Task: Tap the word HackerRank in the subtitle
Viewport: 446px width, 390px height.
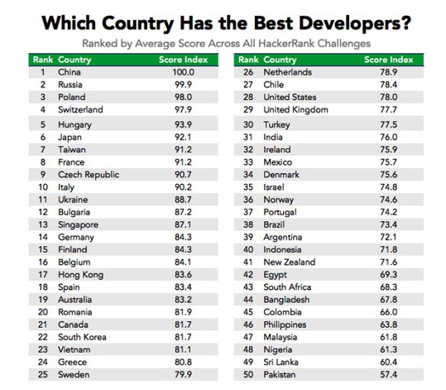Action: point(286,44)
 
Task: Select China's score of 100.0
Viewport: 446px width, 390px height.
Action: point(184,72)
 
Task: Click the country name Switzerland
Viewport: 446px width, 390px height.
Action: point(80,109)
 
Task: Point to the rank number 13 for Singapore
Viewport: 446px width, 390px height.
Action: point(43,224)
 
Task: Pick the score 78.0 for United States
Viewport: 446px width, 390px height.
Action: point(389,97)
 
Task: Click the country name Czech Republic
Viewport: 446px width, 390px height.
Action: point(89,175)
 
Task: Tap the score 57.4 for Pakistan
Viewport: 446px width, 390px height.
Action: point(389,374)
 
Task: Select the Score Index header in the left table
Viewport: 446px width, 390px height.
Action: point(184,60)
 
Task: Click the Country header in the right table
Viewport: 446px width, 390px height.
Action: point(280,60)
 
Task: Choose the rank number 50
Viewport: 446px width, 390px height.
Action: point(248,374)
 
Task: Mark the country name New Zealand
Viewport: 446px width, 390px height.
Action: point(290,262)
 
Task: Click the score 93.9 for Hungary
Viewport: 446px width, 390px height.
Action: point(184,125)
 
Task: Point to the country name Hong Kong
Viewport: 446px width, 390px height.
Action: point(81,275)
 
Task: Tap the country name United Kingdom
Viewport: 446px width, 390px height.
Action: point(296,110)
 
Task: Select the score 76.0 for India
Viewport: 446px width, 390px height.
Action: point(389,137)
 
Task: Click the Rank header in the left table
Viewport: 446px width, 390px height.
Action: point(43,60)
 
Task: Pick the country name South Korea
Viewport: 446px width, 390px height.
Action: point(82,337)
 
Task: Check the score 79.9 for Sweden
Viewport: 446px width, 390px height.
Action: point(184,374)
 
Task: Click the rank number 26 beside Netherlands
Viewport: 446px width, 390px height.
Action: point(248,72)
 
